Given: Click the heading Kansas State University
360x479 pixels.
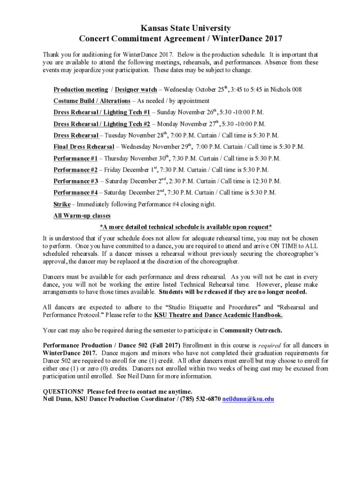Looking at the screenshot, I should pyautogui.click(x=180, y=29).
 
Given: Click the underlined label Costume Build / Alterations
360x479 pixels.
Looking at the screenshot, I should pyautogui.click(x=92, y=101).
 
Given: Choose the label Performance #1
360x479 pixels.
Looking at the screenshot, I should pyautogui.click(x=75, y=159).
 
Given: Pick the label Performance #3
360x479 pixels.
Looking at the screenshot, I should pyautogui.click(x=75, y=181).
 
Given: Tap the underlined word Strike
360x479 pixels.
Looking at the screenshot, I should pyautogui.click(x=62, y=204).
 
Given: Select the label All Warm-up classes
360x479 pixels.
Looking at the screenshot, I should pyautogui.click(x=82, y=216).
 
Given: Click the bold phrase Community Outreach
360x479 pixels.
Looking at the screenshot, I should pyautogui.click(x=251, y=330).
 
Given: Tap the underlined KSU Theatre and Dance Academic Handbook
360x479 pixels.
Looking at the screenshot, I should pyautogui.click(x=218, y=315).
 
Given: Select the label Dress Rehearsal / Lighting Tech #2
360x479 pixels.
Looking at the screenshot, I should pyautogui.click(x=102, y=124).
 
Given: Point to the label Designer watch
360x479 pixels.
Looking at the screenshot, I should pyautogui.click(x=136, y=89).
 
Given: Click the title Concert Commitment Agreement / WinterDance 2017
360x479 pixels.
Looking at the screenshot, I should pyautogui.click(x=180, y=39).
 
